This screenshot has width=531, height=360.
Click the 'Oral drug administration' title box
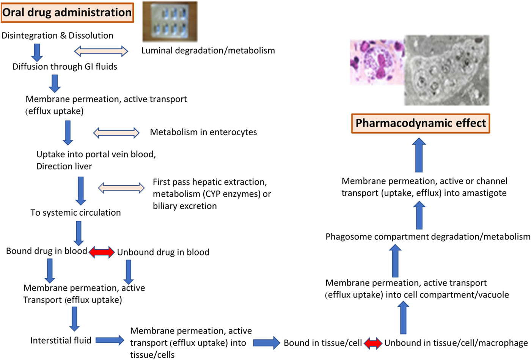pyautogui.click(x=67, y=13)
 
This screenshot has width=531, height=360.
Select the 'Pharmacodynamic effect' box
pyautogui.click(x=421, y=123)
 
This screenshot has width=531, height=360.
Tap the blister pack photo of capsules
pyautogui.click(x=170, y=21)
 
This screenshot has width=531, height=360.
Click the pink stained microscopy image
pyautogui.click(x=377, y=62)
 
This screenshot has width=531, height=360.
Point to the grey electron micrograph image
pyautogui.click(x=447, y=70)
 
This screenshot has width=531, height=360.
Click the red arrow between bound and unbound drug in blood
pyautogui.click(x=102, y=252)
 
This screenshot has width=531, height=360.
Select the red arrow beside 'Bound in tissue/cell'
pyautogui.click(x=373, y=343)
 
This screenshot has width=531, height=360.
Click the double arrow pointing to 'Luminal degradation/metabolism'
pyautogui.click(x=101, y=51)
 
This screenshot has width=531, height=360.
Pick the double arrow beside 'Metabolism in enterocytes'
pyautogui.click(x=116, y=132)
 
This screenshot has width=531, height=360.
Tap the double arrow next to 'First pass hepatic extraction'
pyautogui.click(x=121, y=188)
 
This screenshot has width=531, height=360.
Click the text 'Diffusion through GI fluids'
pyautogui.click(x=65, y=67)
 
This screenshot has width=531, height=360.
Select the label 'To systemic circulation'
pyautogui.click(x=75, y=213)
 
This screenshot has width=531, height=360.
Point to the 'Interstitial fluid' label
pyautogui.click(x=61, y=340)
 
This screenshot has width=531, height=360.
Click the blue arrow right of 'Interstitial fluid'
pyautogui.click(x=110, y=340)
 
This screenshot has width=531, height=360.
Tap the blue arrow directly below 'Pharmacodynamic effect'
pyautogui.click(x=419, y=155)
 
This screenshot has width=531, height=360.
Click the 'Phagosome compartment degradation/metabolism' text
pyautogui.click(x=428, y=237)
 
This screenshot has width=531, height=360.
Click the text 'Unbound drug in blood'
pyautogui.click(x=163, y=252)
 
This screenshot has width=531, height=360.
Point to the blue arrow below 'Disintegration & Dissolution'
pyautogui.click(x=37, y=52)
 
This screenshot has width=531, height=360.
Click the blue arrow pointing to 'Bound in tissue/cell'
pyautogui.click(x=266, y=343)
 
